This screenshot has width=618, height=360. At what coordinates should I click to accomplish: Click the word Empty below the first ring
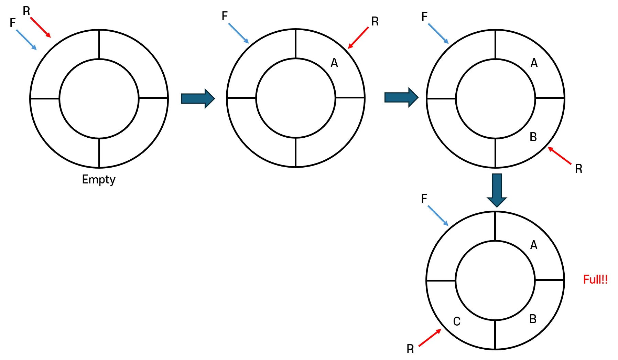pos(99,180)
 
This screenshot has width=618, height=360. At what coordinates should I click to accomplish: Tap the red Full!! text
pos(595,279)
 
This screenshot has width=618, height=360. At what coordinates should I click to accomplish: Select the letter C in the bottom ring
pos(456,321)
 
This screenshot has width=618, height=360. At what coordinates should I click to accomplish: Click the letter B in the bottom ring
pos(533,319)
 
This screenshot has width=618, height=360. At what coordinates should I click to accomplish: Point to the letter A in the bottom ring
pos(533,245)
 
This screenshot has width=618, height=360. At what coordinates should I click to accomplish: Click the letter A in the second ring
pos(334,63)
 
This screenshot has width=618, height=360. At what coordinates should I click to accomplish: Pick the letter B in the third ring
pos(533,137)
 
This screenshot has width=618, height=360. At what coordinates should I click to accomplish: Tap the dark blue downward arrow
pos(497,190)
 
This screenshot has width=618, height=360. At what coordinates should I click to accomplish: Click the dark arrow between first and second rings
pos(198,98)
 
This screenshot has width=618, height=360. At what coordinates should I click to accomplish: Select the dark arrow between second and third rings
pos(401,97)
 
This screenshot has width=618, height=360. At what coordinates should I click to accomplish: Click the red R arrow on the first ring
pos(41,28)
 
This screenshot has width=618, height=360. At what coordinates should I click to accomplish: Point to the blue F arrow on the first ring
pos(26,40)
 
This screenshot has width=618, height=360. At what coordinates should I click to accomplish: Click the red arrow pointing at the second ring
pos(358,38)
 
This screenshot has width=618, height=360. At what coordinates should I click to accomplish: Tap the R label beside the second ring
pos(375,22)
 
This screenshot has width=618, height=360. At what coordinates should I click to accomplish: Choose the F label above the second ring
pos(225,16)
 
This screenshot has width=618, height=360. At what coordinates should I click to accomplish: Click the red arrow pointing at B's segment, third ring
pos(560,156)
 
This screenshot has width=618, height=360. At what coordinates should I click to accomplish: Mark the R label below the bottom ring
pos(410,349)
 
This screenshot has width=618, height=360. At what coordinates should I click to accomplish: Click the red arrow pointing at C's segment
pos(430,338)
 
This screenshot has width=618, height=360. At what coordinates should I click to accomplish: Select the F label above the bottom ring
pos(424,198)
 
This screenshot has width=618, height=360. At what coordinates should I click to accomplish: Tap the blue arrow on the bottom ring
pos(438,216)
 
